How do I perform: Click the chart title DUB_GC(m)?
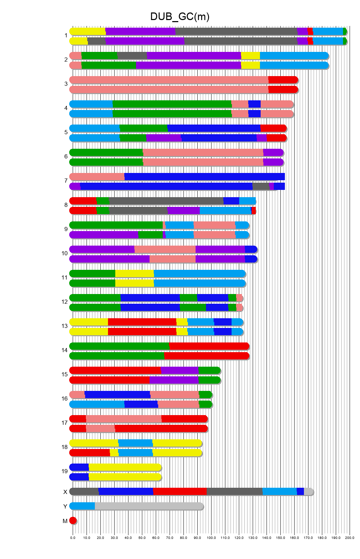pyautogui.click(x=180, y=17)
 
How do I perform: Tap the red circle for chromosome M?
pyautogui.click(x=73, y=520)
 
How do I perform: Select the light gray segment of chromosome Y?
pyautogui.click(x=149, y=506)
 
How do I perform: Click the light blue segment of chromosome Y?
pyautogui.click(x=82, y=506)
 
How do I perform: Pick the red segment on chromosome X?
pyautogui.click(x=180, y=491)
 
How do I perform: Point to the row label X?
pyautogui.click(x=65, y=492)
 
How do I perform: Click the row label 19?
pyautogui.click(x=64, y=471)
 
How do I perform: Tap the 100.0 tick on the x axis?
pyautogui.click(x=211, y=538)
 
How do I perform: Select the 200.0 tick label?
pyautogui.click(x=350, y=538)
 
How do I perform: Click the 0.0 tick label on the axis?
pyautogui.click(x=73, y=538)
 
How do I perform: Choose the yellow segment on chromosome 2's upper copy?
pyautogui.click(x=250, y=55)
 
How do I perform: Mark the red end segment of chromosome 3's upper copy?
pyautogui.click(x=283, y=80)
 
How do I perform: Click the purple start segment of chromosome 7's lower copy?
pyautogui.click(x=75, y=186)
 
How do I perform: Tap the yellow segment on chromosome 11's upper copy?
pyautogui.click(x=134, y=273)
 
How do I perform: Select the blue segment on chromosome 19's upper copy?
pyautogui.click(x=79, y=467)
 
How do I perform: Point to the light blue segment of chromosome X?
pyautogui.click(x=279, y=491)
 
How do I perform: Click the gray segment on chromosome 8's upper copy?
pyautogui.click(x=166, y=201)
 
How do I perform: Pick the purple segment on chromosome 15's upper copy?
pyautogui.click(x=179, y=370)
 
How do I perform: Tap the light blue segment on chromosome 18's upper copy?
pyautogui.click(x=135, y=443)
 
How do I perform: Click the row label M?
pyautogui.click(x=65, y=521)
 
